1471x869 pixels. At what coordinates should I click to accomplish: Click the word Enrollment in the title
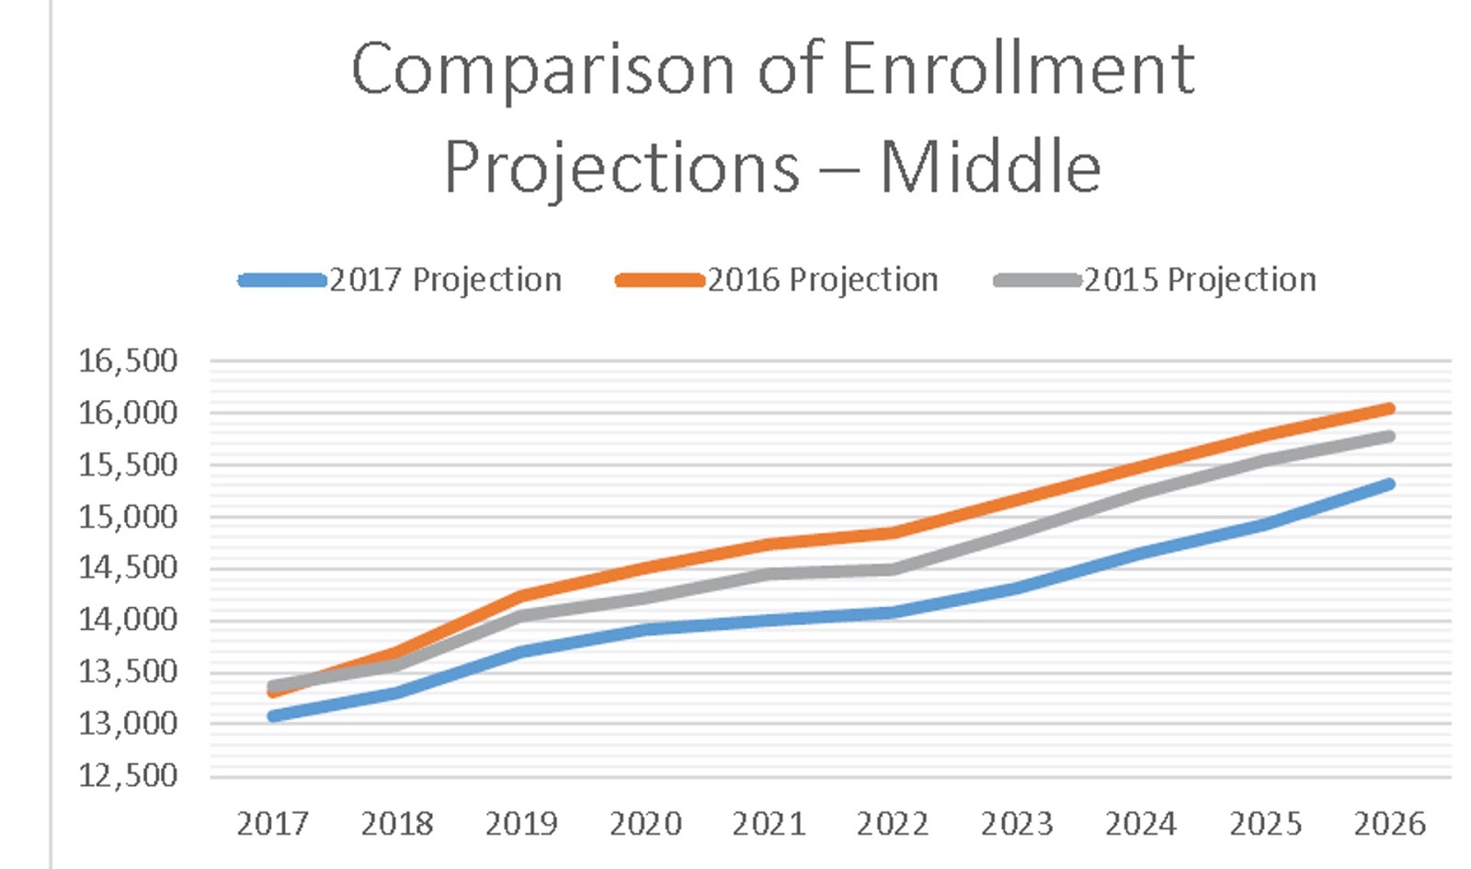click(1017, 69)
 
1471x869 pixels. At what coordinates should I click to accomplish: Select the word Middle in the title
click(990, 167)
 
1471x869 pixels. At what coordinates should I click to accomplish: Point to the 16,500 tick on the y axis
click(128, 360)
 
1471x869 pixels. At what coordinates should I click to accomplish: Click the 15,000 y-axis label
click(128, 517)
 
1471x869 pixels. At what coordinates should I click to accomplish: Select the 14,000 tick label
click(128, 620)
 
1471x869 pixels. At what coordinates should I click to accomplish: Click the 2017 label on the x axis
click(272, 823)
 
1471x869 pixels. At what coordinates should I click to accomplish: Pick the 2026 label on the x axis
click(1389, 823)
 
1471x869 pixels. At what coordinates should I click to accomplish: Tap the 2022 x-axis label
click(893, 823)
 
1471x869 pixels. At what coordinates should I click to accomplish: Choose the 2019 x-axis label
click(521, 823)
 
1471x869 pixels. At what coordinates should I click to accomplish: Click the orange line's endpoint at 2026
click(1388, 408)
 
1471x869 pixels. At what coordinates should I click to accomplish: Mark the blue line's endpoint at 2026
click(1388, 484)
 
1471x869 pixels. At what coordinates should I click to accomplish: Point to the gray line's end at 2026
click(1388, 436)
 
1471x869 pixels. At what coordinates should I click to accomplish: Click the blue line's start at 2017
click(273, 715)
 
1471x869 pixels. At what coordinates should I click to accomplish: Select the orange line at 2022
click(893, 532)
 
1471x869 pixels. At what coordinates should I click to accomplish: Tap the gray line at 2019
click(521, 615)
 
